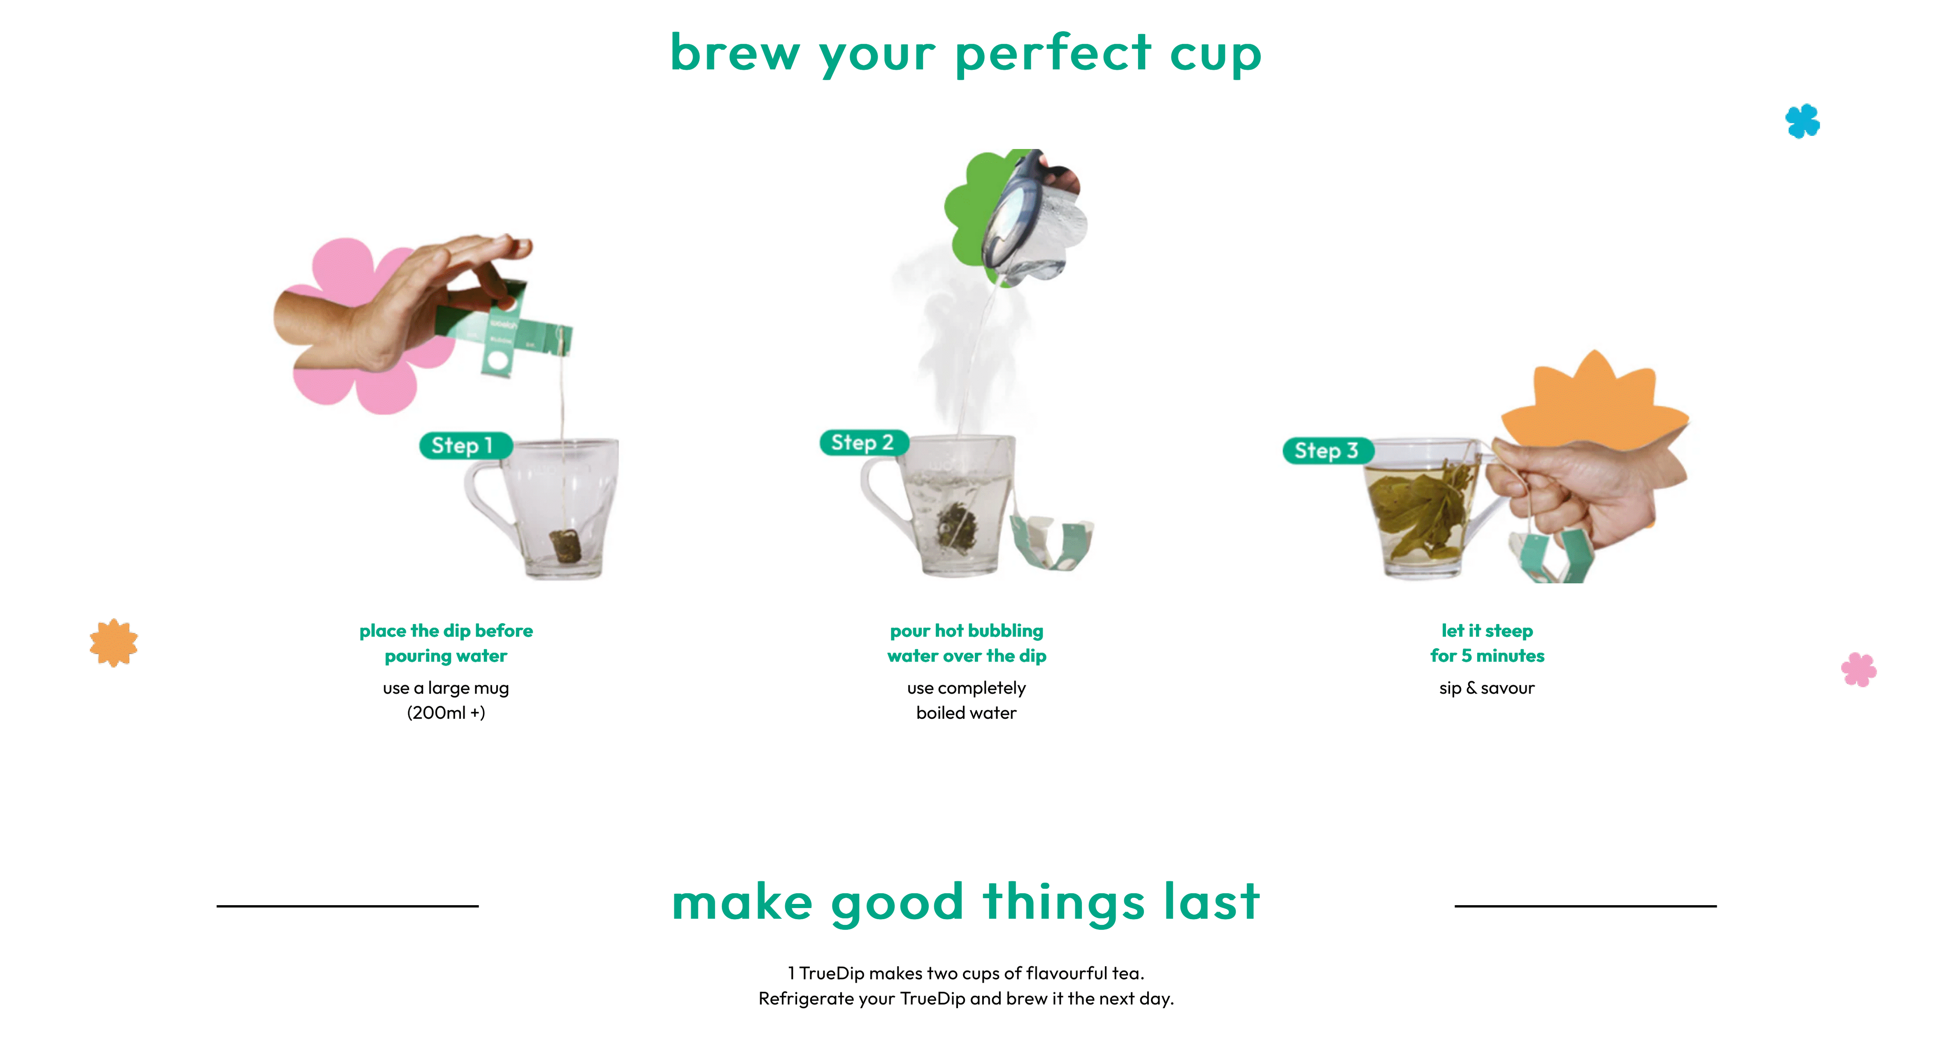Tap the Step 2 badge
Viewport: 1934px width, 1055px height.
pyautogui.click(x=863, y=442)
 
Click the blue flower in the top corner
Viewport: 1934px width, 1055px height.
pyautogui.click(x=1803, y=121)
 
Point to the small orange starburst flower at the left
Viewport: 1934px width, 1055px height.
pyautogui.click(x=114, y=643)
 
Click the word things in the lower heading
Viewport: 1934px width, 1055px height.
pyautogui.click(x=1064, y=903)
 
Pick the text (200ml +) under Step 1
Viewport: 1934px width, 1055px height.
pyautogui.click(x=446, y=713)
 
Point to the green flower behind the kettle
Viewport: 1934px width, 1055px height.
pyautogui.click(x=976, y=210)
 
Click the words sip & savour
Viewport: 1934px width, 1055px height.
pyautogui.click(x=1487, y=688)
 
